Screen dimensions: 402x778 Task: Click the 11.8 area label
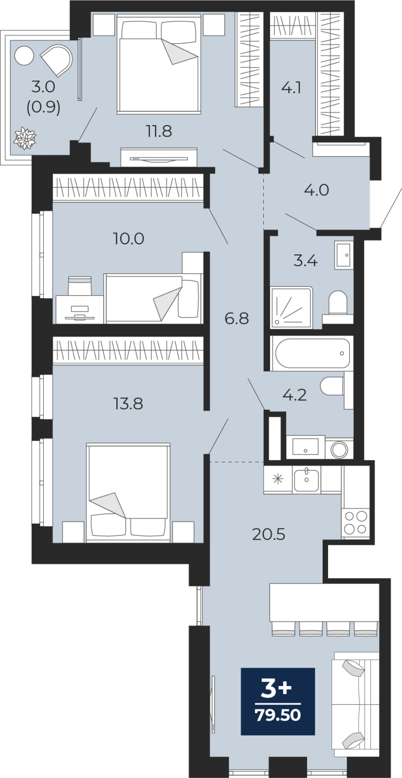click(159, 132)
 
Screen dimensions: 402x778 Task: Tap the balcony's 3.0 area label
click(43, 87)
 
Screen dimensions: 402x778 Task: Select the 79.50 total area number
click(278, 715)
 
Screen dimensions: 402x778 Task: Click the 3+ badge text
click(276, 689)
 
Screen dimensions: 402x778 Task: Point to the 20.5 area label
click(269, 535)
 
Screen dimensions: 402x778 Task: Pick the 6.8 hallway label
click(237, 318)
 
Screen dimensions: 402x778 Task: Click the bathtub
click(311, 353)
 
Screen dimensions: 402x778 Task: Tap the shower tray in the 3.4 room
click(292, 307)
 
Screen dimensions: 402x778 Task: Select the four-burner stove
click(355, 522)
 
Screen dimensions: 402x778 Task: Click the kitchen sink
click(307, 479)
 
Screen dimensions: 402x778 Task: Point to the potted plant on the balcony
click(25, 139)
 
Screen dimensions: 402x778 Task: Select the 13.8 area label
click(128, 404)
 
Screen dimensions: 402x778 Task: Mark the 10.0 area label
click(128, 239)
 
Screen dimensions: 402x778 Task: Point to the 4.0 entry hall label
click(316, 190)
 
